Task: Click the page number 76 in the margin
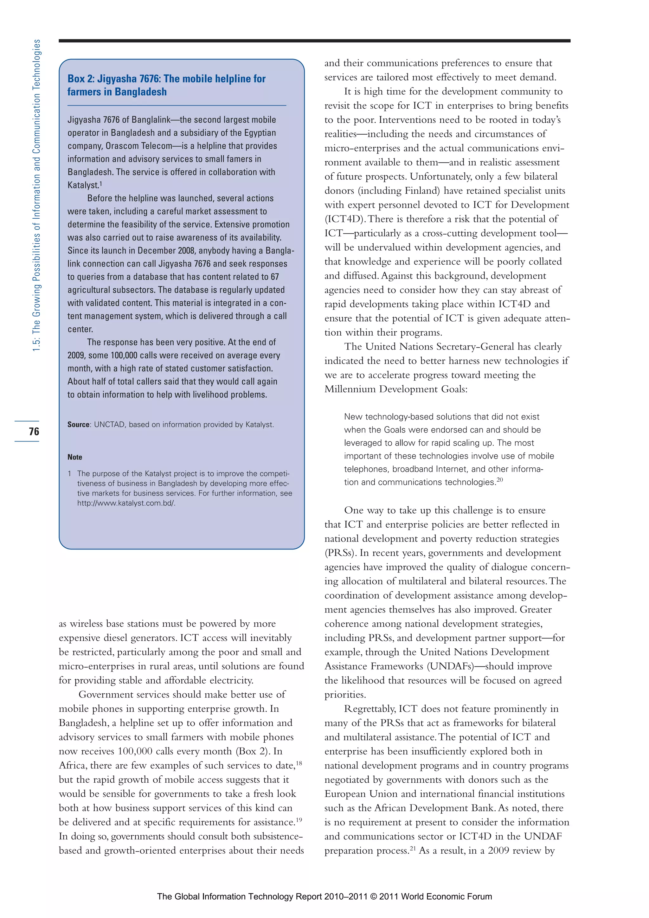(x=34, y=431)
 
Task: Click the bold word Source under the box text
(x=78, y=425)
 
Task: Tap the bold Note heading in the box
(x=75, y=457)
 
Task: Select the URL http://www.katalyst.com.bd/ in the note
(x=126, y=503)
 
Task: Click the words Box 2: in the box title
(x=81, y=79)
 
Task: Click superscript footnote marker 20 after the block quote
(x=499, y=480)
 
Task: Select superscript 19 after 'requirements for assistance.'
(x=299, y=820)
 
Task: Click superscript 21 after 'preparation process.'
(x=413, y=848)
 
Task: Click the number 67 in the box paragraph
(x=274, y=277)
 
